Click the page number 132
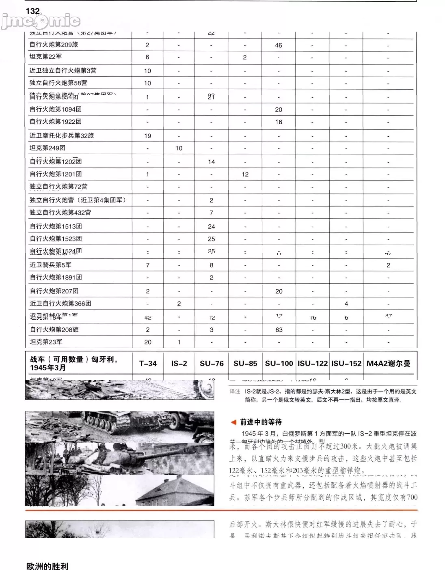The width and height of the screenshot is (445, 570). [x=33, y=11]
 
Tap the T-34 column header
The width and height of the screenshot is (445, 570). [x=148, y=364]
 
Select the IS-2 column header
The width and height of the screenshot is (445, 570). [x=179, y=364]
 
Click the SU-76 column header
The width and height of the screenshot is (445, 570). [x=212, y=364]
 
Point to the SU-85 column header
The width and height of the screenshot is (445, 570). [x=245, y=364]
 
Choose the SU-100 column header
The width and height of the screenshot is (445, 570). [x=279, y=364]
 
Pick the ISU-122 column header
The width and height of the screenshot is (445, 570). [x=313, y=364]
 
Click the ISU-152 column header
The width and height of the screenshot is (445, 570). [x=346, y=364]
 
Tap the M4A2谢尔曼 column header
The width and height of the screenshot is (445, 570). [x=389, y=364]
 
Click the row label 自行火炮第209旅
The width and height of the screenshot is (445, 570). [x=54, y=45]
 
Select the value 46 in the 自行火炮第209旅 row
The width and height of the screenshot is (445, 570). [x=279, y=45]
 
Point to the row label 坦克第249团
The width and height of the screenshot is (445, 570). [x=48, y=148]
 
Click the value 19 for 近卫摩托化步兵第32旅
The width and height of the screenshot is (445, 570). [x=148, y=136]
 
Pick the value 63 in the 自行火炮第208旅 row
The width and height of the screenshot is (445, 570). [x=279, y=330]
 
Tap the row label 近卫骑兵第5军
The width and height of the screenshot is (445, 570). [x=50, y=265]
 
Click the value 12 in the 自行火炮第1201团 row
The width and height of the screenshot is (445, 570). [x=245, y=174]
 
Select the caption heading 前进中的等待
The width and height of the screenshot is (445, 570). [x=261, y=422]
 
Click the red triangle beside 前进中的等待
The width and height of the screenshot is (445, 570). [x=233, y=422]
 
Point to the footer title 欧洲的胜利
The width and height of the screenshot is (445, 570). [x=47, y=566]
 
